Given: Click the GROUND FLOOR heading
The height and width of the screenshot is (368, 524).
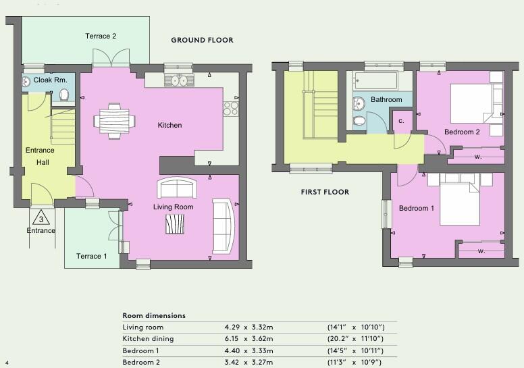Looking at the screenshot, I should [202, 41].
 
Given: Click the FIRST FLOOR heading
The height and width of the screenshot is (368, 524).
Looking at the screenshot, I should [325, 192].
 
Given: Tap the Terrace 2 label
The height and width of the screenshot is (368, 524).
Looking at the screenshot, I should [101, 36].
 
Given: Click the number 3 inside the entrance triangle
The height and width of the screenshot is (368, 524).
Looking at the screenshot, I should [41, 219].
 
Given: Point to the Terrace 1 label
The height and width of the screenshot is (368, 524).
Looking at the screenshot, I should [91, 256].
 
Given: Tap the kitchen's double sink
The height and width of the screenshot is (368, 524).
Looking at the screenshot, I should [178, 80].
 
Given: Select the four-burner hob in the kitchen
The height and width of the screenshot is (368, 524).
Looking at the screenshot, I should [231, 107].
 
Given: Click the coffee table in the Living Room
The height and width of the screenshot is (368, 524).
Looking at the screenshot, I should [175, 224].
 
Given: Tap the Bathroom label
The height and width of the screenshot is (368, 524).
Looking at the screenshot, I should [386, 100].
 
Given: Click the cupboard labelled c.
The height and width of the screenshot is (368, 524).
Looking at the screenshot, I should [402, 122].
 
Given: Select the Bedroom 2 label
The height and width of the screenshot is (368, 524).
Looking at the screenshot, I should [462, 132].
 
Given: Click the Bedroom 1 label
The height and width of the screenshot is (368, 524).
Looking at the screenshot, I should [416, 209].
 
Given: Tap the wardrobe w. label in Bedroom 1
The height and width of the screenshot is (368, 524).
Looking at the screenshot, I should [481, 251].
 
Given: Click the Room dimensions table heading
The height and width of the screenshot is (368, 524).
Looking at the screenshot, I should [153, 315].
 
